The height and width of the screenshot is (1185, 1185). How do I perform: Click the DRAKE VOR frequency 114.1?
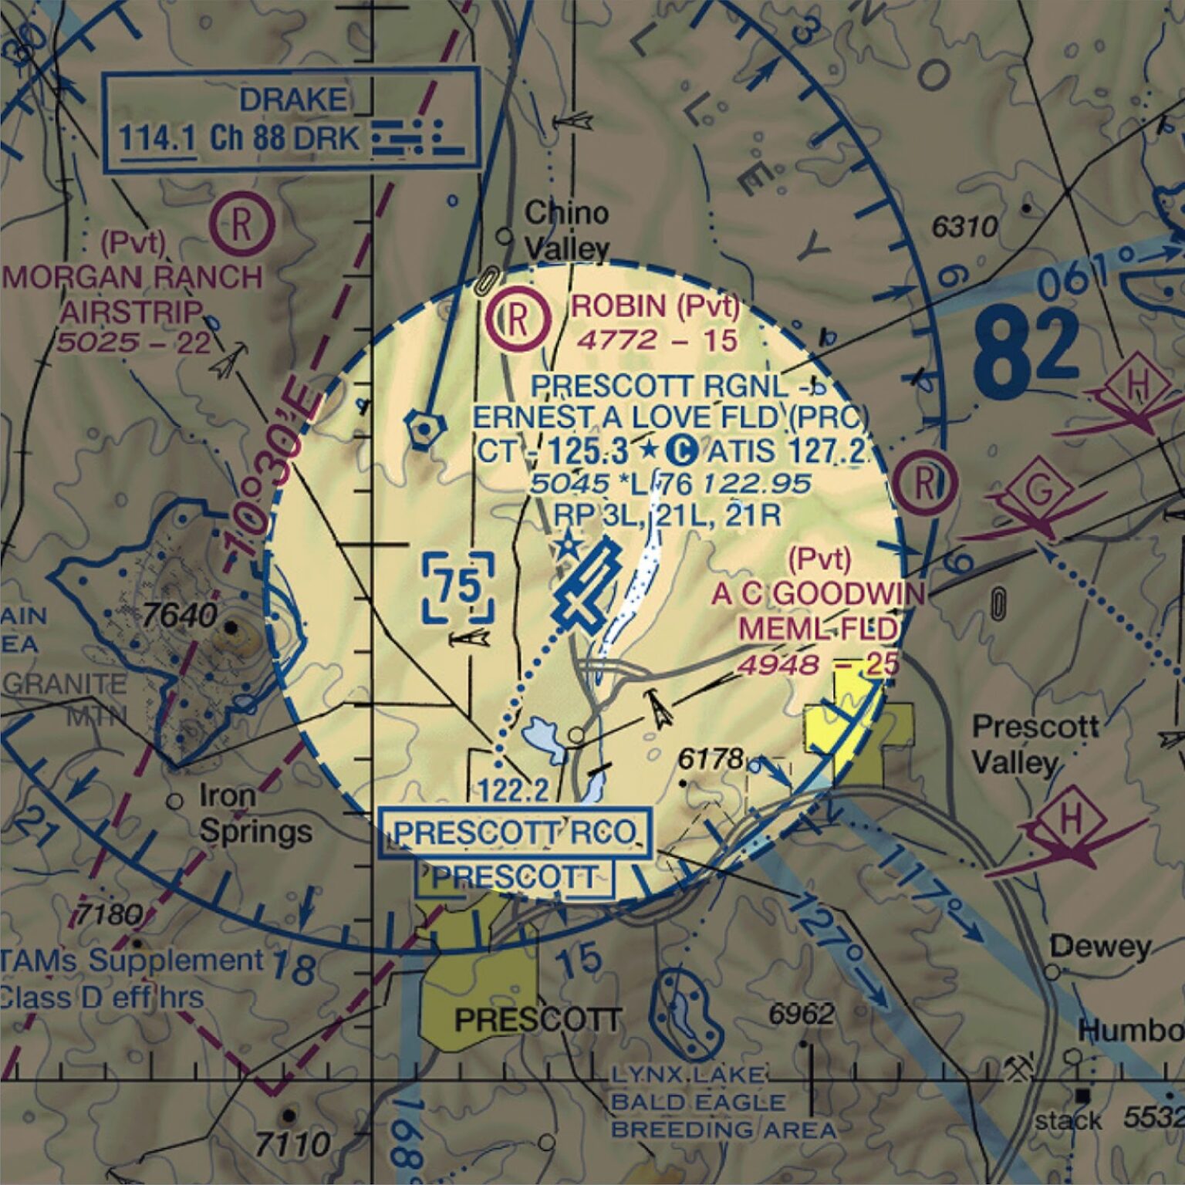pyautogui.click(x=157, y=140)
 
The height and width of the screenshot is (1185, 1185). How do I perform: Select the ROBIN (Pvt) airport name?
pyautogui.click(x=654, y=307)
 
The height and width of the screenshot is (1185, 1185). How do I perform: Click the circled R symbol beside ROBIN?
pyautogui.click(x=518, y=319)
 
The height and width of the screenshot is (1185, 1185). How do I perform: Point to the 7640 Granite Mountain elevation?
pyautogui.click(x=181, y=616)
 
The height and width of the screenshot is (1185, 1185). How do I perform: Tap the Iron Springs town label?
pyautogui.click(x=255, y=813)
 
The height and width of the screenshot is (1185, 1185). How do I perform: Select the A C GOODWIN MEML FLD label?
pyautogui.click(x=818, y=611)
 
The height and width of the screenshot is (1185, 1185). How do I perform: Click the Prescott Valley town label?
pyautogui.click(x=1034, y=744)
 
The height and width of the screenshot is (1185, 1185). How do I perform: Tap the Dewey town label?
pyautogui.click(x=1099, y=946)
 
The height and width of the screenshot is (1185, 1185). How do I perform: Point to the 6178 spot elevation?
pyautogui.click(x=710, y=758)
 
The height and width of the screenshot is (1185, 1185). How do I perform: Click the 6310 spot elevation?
pyautogui.click(x=964, y=227)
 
